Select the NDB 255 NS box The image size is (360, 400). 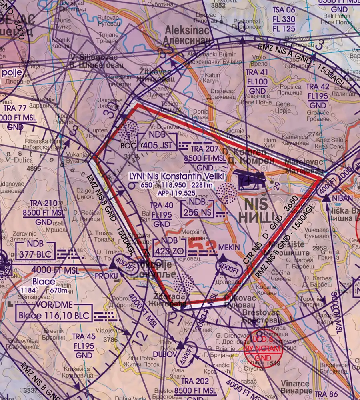tap(197, 208)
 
